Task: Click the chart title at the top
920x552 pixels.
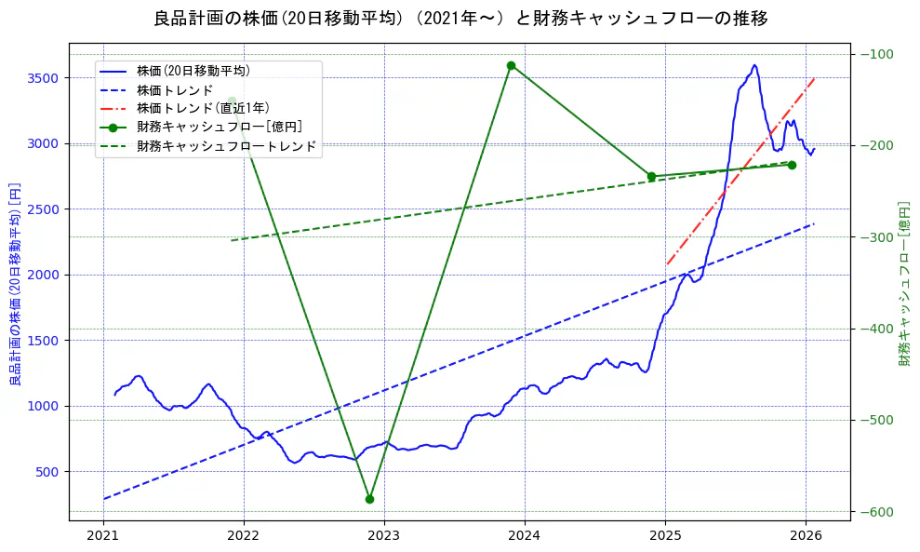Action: click(460, 19)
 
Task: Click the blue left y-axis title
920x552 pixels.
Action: click(15, 284)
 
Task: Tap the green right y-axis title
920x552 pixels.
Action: click(903, 284)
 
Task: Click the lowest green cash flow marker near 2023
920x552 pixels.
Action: click(369, 499)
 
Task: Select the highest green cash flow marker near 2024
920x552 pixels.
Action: click(511, 65)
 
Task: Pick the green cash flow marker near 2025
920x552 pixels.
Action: click(651, 176)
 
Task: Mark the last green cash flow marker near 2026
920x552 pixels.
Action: click(792, 165)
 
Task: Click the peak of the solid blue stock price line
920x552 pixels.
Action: click(754, 65)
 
